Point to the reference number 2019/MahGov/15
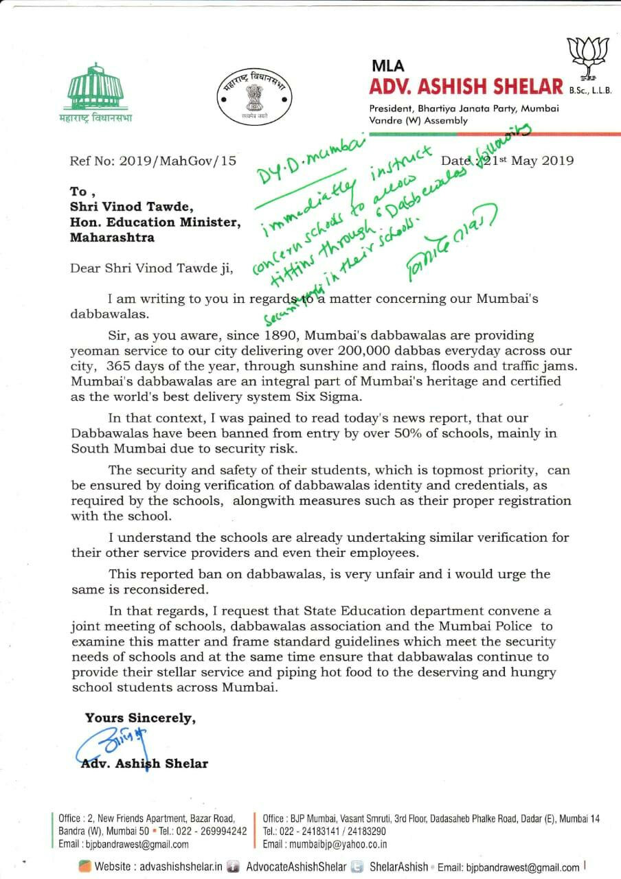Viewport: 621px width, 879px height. [x=177, y=161]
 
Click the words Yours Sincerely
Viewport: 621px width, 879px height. [x=140, y=718]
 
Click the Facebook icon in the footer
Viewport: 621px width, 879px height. [x=234, y=867]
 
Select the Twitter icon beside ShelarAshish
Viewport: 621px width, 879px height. [x=357, y=867]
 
